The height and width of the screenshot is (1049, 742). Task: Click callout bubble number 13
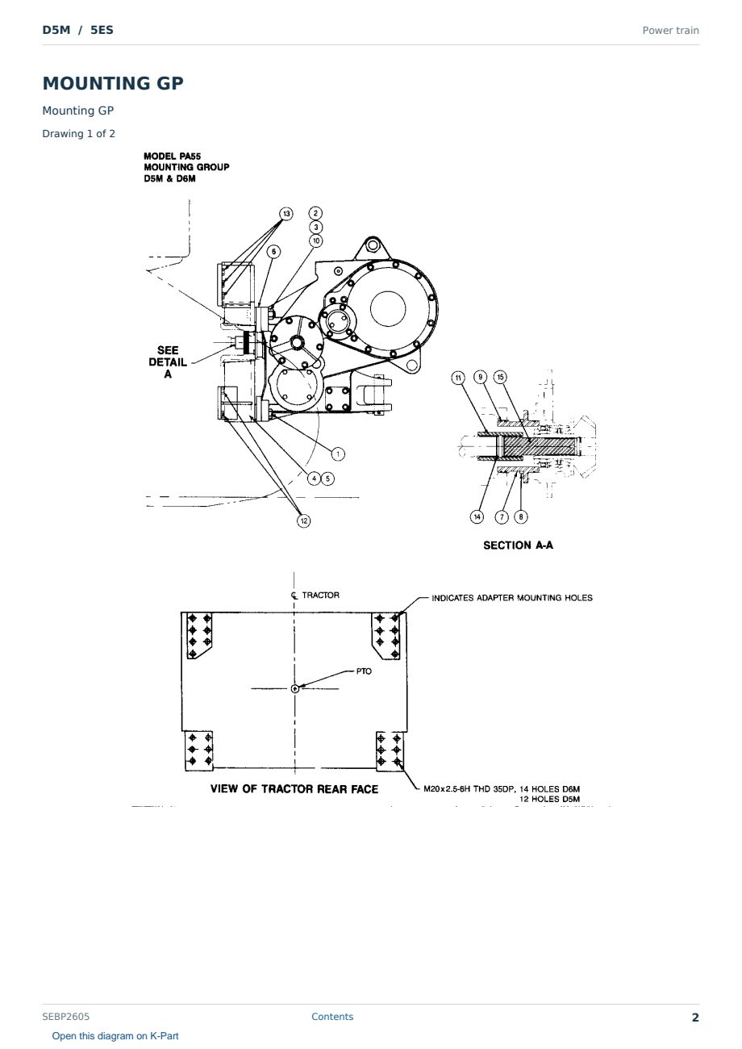(x=286, y=214)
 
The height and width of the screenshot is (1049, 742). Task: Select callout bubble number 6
(x=274, y=252)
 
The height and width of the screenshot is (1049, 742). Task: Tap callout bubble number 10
(x=316, y=240)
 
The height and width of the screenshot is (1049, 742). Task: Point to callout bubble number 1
(x=338, y=453)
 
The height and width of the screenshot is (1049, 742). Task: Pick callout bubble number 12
(x=304, y=520)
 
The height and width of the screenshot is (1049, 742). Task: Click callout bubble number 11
(x=458, y=378)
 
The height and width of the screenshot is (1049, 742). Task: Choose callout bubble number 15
(x=500, y=377)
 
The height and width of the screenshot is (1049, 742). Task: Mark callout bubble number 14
(x=477, y=517)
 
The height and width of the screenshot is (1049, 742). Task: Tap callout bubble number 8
(x=521, y=516)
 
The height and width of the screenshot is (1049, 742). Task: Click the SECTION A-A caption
(x=519, y=545)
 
